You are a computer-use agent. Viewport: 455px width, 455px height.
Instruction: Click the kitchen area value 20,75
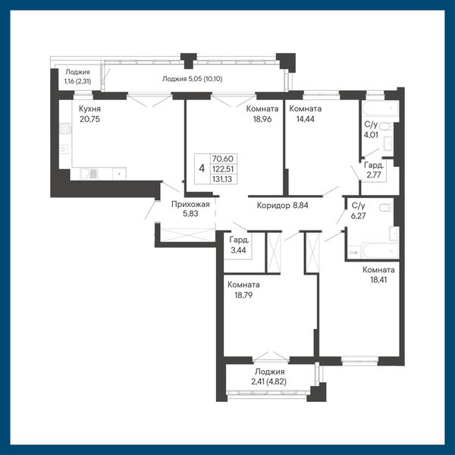coord(89,119)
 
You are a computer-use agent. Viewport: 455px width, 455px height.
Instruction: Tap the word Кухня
coord(89,108)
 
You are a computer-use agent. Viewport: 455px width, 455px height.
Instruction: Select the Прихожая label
coord(190,204)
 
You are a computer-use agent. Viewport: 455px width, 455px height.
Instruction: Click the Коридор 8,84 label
coord(282,206)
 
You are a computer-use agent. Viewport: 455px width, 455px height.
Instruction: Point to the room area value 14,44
coord(306,119)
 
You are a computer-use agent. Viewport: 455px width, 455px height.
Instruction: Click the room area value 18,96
coord(262,119)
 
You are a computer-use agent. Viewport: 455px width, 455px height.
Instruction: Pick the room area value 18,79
coord(243,295)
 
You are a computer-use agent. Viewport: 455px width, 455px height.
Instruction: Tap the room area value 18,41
coord(378,280)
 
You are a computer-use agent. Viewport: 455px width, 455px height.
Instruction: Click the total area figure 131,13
coord(222,179)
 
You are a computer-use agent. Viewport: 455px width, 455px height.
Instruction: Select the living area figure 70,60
coord(222,158)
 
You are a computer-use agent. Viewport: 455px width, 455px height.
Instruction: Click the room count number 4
coord(202,168)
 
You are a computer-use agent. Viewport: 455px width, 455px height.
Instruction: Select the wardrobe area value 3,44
coord(238,250)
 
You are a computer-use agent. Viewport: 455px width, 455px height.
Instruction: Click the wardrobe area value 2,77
coord(373,174)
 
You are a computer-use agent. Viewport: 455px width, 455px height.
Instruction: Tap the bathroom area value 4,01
coord(371,135)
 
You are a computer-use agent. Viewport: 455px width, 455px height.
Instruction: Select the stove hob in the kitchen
coord(65,128)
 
